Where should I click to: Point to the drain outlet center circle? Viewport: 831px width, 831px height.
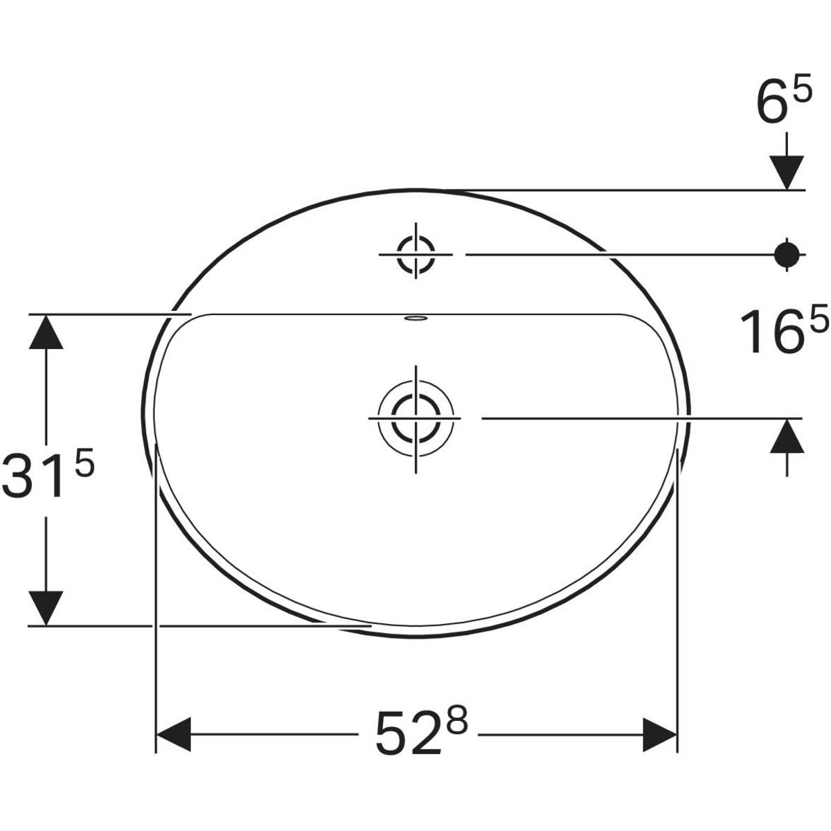[x=415, y=419]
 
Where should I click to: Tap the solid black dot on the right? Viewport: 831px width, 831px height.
[x=787, y=255]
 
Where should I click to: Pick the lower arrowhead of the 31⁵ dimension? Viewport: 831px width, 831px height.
[x=46, y=608]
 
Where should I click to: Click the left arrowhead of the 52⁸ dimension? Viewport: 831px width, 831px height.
[x=174, y=734]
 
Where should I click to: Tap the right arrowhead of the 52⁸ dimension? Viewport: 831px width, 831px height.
[x=659, y=734]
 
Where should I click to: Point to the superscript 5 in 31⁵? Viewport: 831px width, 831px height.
[x=83, y=464]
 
